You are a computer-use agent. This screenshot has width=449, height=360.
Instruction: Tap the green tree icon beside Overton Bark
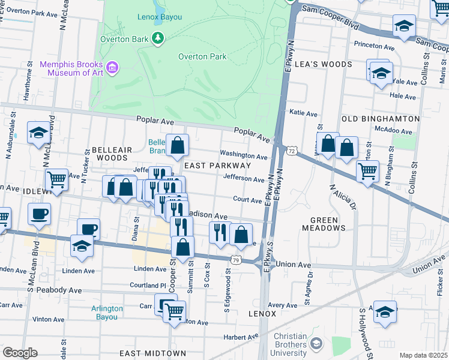(x=158, y=39)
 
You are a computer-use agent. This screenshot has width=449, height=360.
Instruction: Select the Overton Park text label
(x=202, y=57)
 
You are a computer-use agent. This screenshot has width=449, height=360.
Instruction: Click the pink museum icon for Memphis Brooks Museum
(x=112, y=69)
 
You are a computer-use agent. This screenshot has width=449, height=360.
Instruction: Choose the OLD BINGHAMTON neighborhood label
(x=381, y=119)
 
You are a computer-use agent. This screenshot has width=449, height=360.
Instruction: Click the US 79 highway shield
(x=237, y=259)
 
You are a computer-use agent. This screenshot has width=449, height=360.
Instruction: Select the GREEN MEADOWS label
(x=328, y=224)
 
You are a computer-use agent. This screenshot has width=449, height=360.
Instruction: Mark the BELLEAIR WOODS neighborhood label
(x=110, y=154)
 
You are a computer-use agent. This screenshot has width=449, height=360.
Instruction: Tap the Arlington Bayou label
(x=107, y=313)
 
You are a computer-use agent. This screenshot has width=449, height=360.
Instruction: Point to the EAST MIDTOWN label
(x=152, y=353)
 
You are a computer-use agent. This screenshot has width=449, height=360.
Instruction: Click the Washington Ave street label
(x=243, y=156)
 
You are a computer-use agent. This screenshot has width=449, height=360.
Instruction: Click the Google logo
(x=20, y=352)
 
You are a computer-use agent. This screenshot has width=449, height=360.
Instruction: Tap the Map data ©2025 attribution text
(x=423, y=355)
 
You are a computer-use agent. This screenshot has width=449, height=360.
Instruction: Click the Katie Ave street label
(x=303, y=113)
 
